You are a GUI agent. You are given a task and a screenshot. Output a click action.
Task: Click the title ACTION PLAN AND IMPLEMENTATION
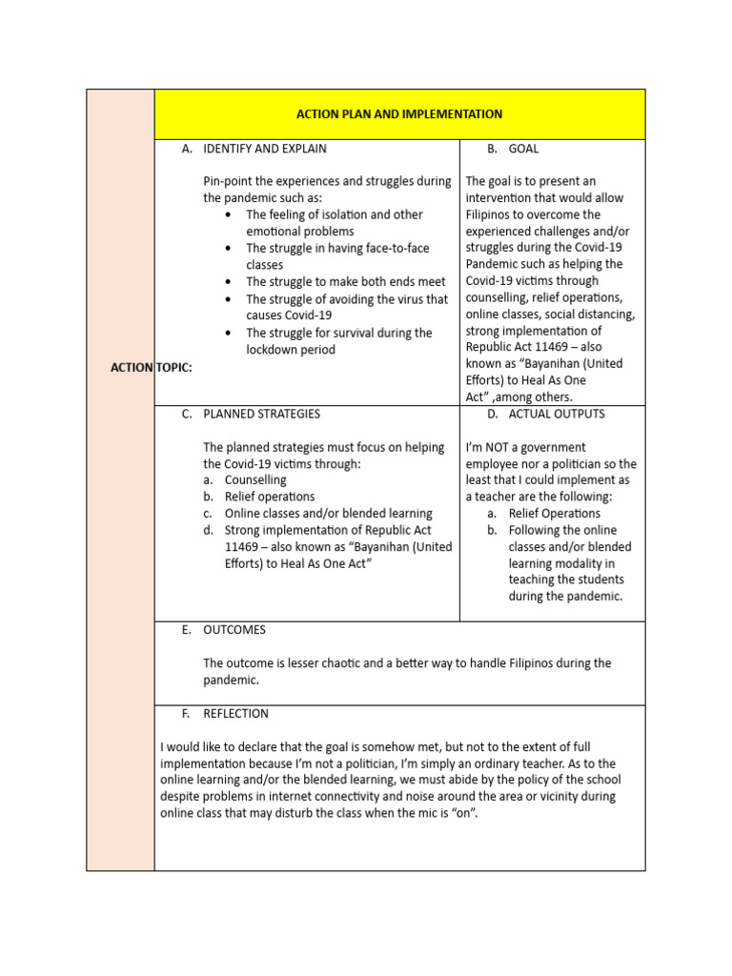399,114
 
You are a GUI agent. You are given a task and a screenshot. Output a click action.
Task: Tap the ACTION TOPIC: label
152,368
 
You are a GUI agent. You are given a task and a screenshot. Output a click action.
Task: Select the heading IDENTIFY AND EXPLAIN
264,149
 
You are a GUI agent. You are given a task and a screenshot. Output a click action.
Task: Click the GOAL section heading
523,149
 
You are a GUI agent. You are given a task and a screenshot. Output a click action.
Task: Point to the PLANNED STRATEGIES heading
261,414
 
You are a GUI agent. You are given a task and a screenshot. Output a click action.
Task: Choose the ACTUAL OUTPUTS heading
557,414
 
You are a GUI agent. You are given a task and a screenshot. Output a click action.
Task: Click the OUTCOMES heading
234,630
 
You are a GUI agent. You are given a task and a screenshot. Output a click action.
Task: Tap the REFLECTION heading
235,713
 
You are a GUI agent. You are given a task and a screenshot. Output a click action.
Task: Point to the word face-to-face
392,248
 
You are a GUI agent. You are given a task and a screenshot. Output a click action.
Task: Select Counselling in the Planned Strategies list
255,480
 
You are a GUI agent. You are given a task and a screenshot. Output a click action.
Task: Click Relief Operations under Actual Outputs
555,514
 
